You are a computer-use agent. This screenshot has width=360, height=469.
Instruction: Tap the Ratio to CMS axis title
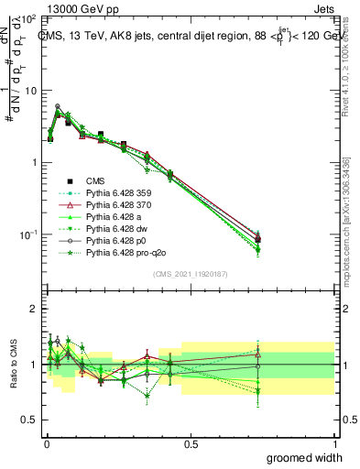(x=13, y=365)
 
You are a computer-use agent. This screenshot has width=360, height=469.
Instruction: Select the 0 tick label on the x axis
(x=46, y=443)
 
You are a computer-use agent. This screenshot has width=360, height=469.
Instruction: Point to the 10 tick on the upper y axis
(x=29, y=91)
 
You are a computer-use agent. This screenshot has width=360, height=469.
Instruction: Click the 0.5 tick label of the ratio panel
(x=28, y=420)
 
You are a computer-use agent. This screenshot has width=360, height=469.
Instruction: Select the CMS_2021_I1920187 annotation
(x=191, y=274)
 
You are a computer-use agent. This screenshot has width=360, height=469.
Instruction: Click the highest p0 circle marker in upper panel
(x=58, y=106)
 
